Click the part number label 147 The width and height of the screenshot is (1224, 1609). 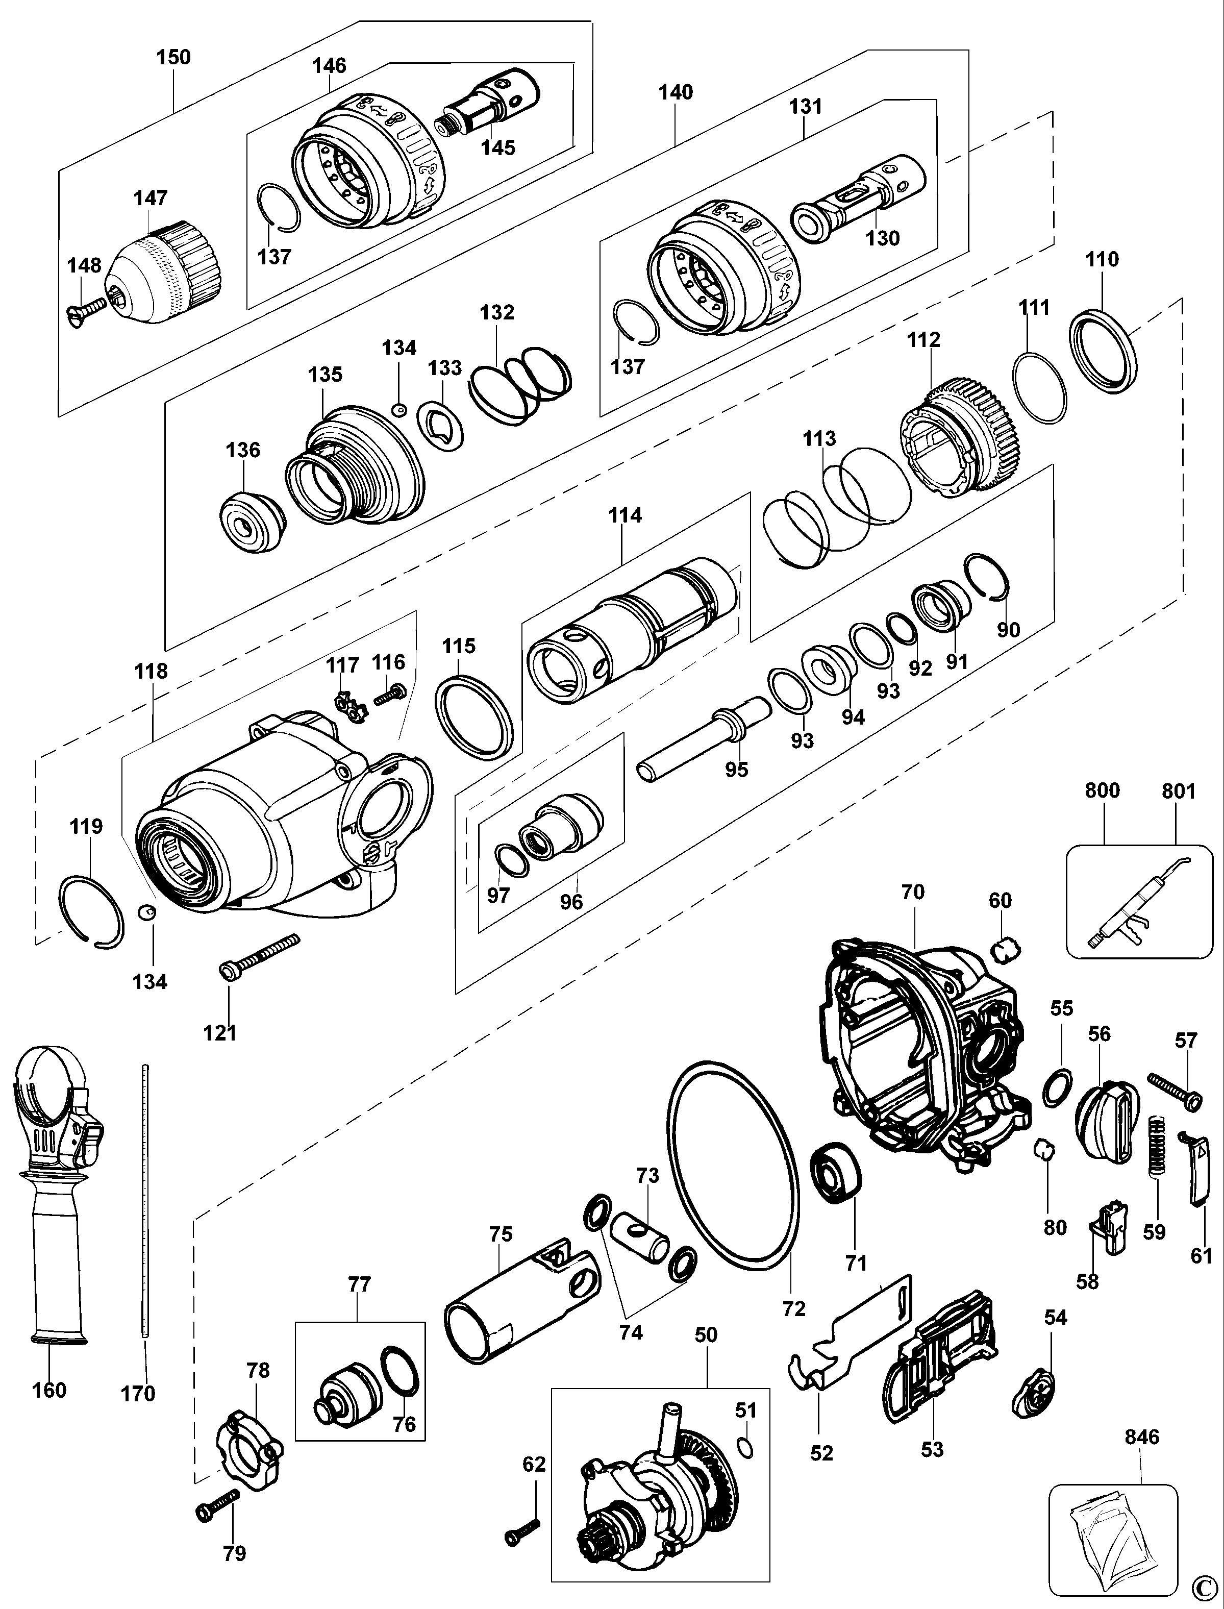click(x=150, y=198)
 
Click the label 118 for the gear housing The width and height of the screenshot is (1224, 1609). click(x=151, y=671)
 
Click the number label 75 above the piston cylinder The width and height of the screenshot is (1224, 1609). click(x=501, y=1234)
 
